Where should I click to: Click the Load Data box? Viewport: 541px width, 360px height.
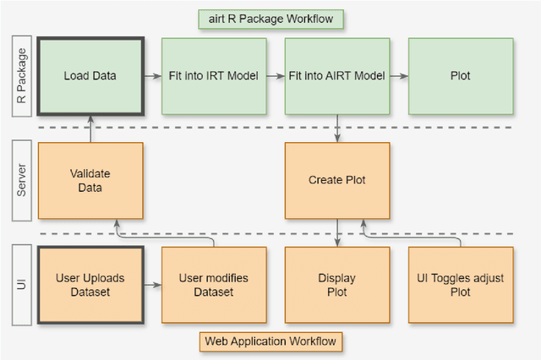[90, 75]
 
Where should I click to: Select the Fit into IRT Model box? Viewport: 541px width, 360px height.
[214, 75]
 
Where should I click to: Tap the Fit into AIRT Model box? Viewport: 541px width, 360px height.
[337, 75]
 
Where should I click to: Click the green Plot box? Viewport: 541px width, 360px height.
[460, 75]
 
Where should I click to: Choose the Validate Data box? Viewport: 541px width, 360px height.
[90, 180]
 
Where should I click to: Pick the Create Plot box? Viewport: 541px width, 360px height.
[337, 180]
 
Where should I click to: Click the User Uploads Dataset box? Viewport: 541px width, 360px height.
[90, 285]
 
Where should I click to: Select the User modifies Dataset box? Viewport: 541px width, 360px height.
[214, 285]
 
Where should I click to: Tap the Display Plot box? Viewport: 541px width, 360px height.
[337, 285]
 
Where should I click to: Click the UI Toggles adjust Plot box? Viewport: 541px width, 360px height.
[460, 285]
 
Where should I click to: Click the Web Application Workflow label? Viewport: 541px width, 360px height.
[270, 341]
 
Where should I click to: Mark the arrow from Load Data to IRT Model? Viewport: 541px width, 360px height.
[152, 76]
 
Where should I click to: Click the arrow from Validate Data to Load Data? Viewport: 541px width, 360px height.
[90, 128]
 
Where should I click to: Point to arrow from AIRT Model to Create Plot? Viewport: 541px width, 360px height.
[337, 128]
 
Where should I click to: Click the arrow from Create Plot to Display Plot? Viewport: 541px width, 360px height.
[337, 233]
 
